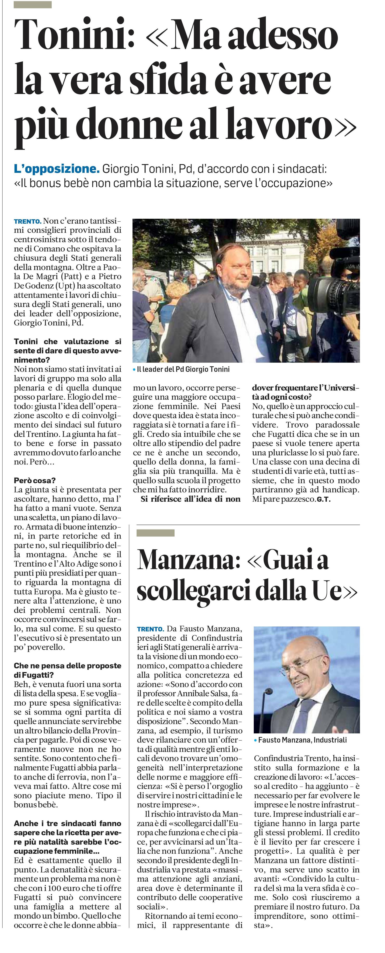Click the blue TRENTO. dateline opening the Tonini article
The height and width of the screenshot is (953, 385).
click(x=27, y=222)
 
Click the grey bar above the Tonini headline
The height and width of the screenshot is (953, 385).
click(x=32, y=5)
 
